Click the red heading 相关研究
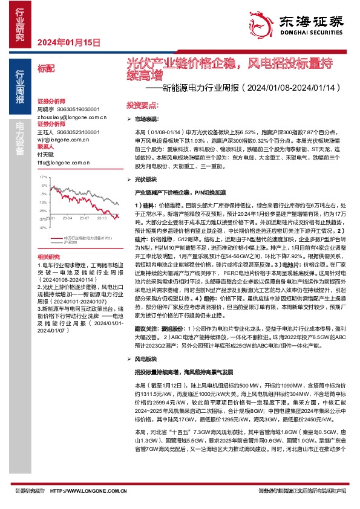(48, 257)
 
